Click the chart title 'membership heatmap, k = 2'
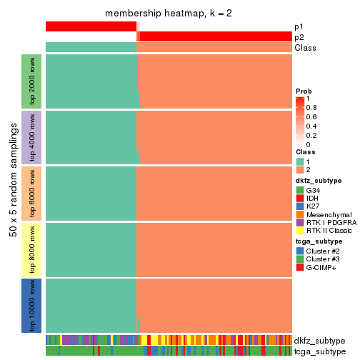coord(169,14)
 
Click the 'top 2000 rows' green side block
coord(31,81)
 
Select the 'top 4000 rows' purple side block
coord(31,137)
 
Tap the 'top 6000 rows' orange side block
coord(31,193)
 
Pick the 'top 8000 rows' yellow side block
coord(31,249)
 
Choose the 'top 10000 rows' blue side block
coord(31,305)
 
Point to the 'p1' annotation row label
coord(299,26)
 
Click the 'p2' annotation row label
coord(299,37)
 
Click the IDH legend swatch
coord(300,198)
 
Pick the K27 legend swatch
coord(300,206)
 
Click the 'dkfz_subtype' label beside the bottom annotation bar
coord(319,340)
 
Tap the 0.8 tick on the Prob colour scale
coord(314,107)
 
